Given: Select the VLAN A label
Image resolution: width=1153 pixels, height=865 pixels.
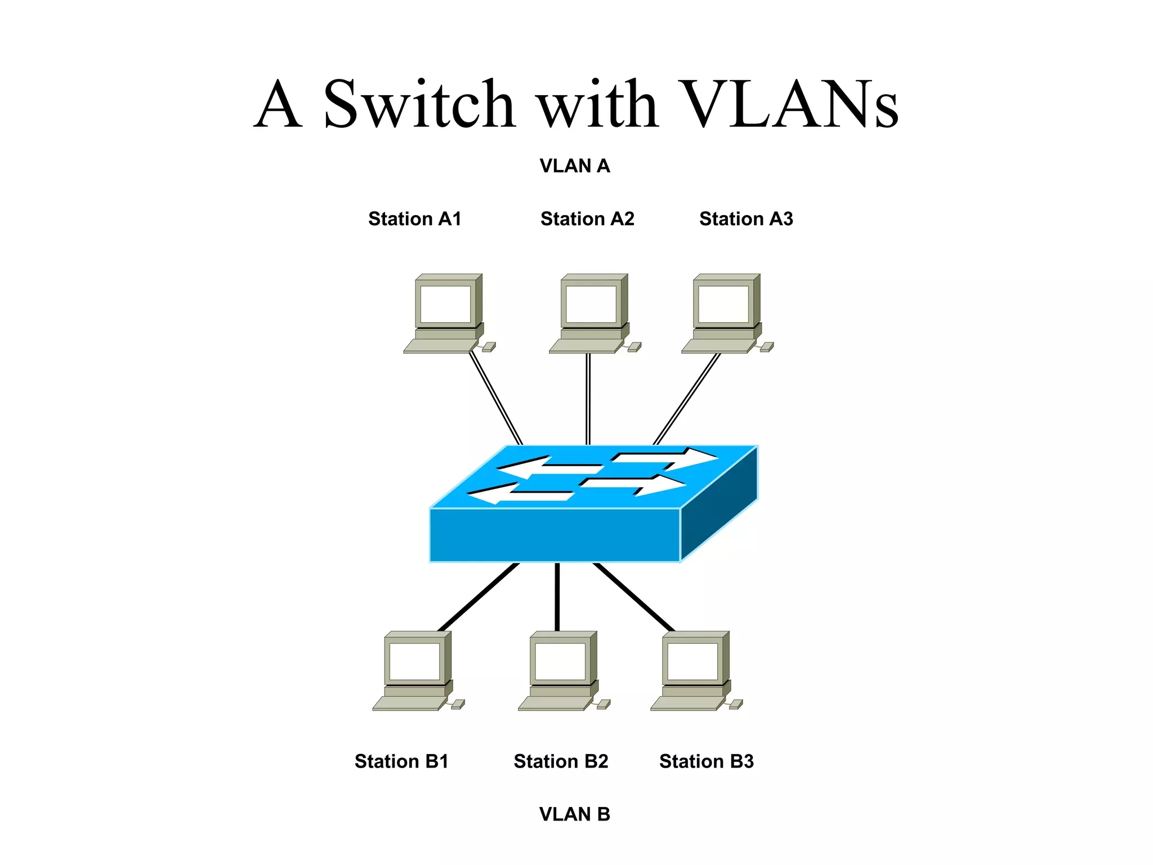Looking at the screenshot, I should [574, 166].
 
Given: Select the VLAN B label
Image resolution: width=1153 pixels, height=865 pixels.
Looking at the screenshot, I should [574, 814].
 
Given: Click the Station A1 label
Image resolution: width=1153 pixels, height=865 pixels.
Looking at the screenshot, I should [414, 219].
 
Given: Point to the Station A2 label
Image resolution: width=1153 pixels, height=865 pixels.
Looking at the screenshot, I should [587, 219].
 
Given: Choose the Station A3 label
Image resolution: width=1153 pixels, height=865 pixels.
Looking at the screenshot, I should [746, 219].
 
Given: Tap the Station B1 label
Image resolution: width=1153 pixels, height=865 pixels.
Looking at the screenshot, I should [401, 761].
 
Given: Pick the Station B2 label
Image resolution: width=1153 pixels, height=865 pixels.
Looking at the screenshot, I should [561, 761].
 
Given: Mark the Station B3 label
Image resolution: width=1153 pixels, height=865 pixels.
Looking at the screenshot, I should [706, 761].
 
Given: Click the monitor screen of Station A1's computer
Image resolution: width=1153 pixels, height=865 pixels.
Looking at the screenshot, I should [445, 304].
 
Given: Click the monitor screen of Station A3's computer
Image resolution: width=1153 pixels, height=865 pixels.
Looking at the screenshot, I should [723, 304].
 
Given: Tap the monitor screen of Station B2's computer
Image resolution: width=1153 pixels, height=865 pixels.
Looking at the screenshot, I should [560, 661].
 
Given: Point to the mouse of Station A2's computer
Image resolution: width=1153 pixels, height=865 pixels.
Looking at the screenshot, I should [634, 347].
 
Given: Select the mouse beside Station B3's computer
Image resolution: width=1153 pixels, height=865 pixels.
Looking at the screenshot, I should [736, 704].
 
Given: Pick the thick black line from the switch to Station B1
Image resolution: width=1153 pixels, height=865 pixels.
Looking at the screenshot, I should [479, 597].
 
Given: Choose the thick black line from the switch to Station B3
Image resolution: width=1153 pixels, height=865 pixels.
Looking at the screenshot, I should [634, 597].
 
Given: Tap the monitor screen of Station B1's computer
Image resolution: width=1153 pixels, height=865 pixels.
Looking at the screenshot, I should [414, 661].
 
